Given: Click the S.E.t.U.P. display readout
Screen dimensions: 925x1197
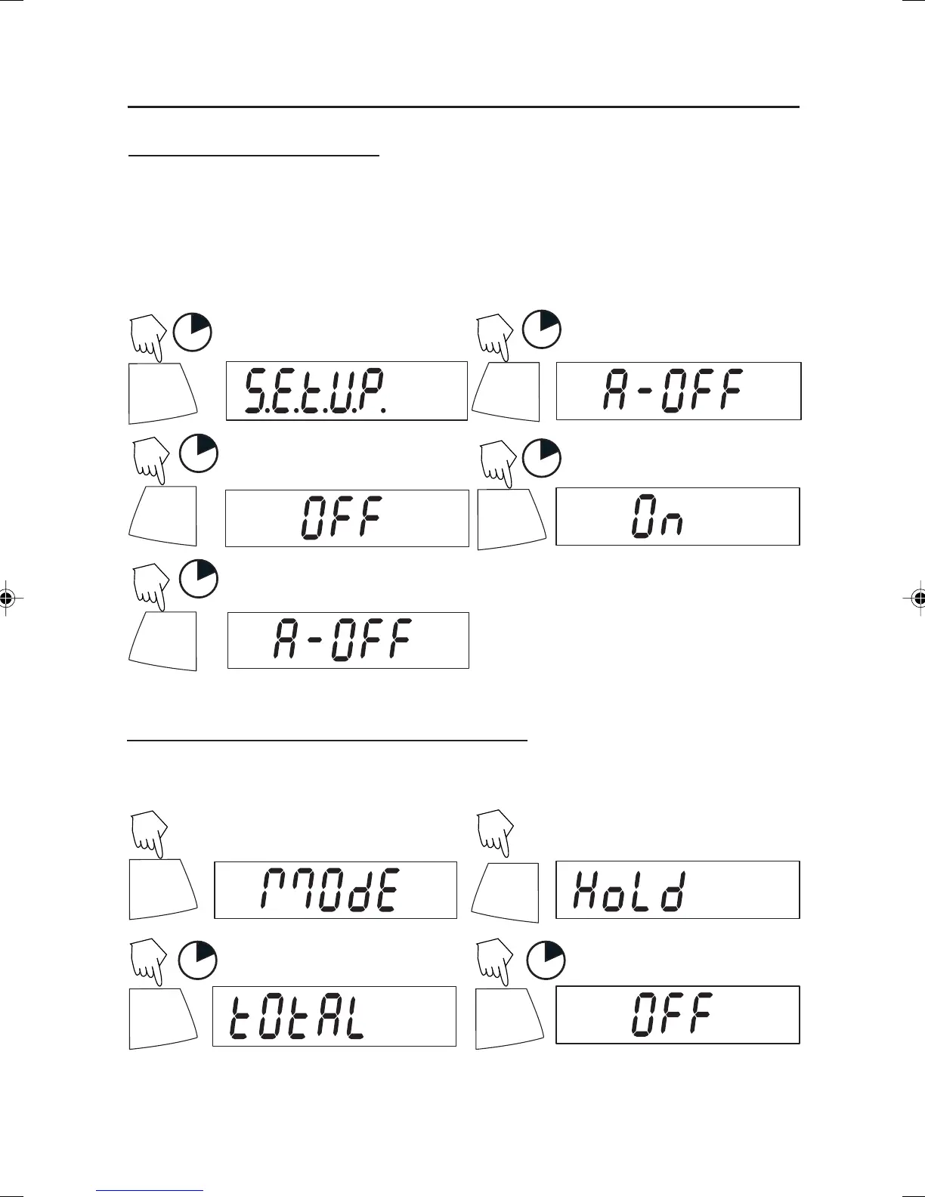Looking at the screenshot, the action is coord(347,391).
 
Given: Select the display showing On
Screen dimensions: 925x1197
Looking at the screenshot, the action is coord(677,516).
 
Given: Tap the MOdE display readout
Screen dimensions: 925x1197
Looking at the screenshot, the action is coord(336,889).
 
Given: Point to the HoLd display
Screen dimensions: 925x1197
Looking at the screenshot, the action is coord(677,889).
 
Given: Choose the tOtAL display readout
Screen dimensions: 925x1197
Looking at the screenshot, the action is coord(334,1016).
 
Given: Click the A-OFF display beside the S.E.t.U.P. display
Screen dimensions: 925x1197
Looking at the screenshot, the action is coord(678,391).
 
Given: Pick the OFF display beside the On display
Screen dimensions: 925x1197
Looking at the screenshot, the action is coord(347,518).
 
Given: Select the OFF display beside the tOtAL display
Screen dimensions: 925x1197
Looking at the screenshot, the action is coord(677,1015).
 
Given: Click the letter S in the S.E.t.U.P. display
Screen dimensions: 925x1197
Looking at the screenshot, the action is coord(255,391).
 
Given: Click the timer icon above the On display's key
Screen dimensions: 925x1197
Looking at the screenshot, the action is coord(542,458).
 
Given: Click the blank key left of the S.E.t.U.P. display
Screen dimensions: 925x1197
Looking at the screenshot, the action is coord(162,393).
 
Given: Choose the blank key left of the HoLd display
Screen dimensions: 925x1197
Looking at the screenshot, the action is coord(506,890).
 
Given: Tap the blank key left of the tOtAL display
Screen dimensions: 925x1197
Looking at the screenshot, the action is coord(162,1017).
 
